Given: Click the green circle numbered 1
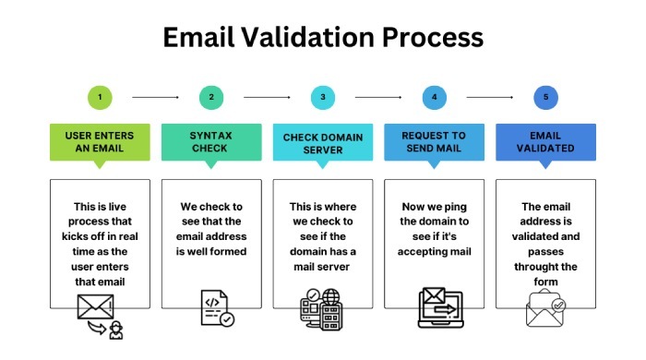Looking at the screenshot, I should click(x=99, y=96).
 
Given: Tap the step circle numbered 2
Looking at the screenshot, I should click(x=210, y=96).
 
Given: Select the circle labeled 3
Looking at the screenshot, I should click(x=322, y=96).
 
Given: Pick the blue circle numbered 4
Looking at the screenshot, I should click(x=434, y=96).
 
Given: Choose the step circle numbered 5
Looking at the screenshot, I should click(x=545, y=96).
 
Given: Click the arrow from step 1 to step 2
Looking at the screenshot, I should click(x=155, y=96).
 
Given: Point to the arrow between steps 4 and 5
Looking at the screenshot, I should click(x=490, y=96).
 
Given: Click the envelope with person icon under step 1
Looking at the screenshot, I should click(x=100, y=315).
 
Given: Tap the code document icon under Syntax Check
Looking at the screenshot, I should click(x=216, y=308).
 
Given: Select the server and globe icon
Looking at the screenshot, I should click(x=321, y=309).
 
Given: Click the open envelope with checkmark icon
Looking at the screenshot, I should click(x=545, y=310).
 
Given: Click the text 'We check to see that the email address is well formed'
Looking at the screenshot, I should click(x=210, y=229).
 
